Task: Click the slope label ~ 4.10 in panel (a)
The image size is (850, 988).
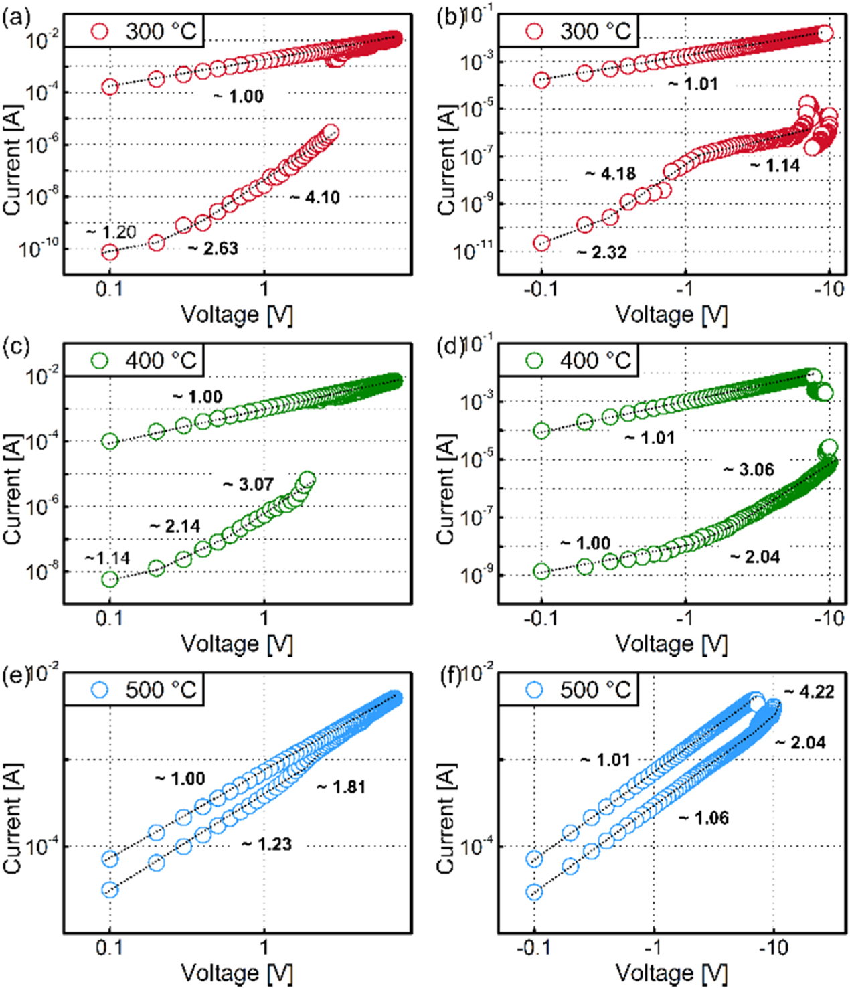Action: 316,197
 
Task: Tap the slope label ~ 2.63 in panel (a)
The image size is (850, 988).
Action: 214,248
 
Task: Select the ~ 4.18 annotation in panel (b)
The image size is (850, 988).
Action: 611,174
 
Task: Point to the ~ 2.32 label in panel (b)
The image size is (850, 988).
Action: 602,252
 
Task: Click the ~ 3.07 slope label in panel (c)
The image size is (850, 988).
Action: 249,484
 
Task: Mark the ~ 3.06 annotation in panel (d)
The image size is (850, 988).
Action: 749,469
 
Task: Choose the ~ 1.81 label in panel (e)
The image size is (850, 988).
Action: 341,787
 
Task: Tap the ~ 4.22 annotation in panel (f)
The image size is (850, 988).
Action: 810,691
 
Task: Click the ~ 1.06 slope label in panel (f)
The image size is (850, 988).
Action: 704,817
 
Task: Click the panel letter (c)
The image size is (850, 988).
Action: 16,346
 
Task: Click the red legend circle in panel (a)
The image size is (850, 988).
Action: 100,31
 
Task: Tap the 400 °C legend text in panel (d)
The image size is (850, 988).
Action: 595,361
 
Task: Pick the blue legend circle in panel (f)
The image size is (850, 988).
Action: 534,690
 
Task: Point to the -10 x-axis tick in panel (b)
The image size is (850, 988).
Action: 829,289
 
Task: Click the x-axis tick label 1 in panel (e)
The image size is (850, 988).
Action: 264,947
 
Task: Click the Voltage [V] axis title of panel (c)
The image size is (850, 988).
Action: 237,644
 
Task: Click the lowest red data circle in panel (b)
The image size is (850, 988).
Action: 541,242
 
